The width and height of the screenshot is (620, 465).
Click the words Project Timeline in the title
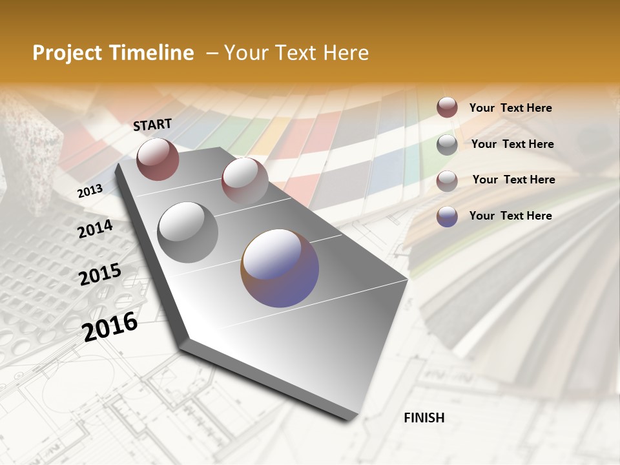point(113,53)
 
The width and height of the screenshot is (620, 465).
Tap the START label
point(152,125)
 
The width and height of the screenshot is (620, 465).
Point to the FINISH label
point(424,418)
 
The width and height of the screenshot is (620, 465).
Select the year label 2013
point(90,191)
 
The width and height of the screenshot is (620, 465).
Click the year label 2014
point(95,229)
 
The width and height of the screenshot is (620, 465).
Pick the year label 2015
point(100,274)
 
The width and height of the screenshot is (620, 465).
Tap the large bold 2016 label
point(110,326)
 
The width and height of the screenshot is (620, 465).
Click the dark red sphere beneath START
point(158,159)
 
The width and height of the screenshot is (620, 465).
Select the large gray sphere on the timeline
point(188,232)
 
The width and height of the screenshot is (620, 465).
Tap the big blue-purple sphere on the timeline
point(280,268)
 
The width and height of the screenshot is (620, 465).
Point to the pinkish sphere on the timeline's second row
point(245,180)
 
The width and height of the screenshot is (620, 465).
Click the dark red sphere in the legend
point(447,107)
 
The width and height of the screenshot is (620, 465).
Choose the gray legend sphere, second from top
point(447,145)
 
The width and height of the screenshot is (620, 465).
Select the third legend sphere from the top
point(447,181)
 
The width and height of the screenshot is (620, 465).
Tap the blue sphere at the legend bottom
point(447,216)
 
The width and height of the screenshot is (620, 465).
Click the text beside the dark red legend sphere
point(510,108)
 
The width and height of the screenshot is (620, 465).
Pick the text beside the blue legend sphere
point(510,216)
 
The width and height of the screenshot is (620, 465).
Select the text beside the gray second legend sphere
point(512,144)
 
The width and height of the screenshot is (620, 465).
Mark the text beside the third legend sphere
point(513,180)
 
